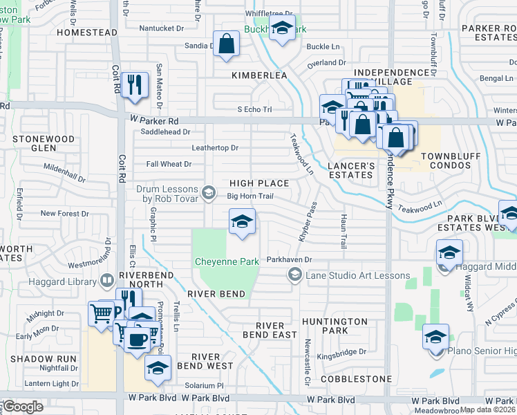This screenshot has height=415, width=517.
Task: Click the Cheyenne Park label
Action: (227, 261)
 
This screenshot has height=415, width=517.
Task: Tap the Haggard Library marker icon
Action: (106, 280)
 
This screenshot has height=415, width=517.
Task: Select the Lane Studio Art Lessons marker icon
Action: (294, 275)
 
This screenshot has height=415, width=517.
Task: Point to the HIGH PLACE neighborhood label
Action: (258, 183)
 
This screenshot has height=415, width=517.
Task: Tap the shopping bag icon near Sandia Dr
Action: (226, 44)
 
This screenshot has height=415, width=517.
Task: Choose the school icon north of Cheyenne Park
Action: (242, 221)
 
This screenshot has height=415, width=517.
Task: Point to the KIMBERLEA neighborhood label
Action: (258, 75)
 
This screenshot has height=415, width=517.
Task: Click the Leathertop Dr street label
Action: (215, 148)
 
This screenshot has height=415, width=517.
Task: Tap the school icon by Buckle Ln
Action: (282, 29)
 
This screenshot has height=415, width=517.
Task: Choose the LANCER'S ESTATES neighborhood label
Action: (350, 170)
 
